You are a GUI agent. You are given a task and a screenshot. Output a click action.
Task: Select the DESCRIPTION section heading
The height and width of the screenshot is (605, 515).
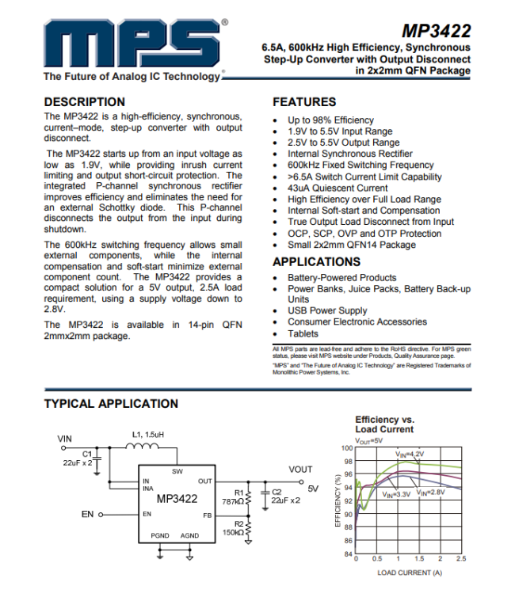pos(85,101)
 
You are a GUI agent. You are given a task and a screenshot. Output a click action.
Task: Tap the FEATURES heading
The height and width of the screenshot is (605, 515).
pos(304,101)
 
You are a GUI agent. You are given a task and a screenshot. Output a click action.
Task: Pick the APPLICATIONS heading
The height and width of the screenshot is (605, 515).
pos(316,261)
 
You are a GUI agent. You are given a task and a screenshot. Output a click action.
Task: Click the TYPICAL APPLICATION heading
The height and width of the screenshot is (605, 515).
pos(111,403)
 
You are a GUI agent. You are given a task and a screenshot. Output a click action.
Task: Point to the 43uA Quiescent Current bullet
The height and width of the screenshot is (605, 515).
pos(338,188)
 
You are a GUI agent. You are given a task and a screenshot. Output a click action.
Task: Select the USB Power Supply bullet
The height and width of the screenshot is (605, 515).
pos(327,310)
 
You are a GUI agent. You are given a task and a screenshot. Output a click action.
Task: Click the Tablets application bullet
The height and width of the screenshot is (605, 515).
pos(303,333)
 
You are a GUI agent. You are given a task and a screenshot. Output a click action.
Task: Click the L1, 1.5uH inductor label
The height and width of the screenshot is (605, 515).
pos(148,435)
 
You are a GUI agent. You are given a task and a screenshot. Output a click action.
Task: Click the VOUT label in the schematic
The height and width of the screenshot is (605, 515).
pos(300,470)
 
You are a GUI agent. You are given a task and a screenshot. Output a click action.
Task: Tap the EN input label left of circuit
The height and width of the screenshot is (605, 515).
pos(88,514)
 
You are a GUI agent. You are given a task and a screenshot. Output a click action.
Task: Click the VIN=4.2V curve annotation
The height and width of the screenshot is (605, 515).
pos(410,454)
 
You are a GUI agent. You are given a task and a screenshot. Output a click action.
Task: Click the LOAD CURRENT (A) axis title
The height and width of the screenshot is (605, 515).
pos(409,572)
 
